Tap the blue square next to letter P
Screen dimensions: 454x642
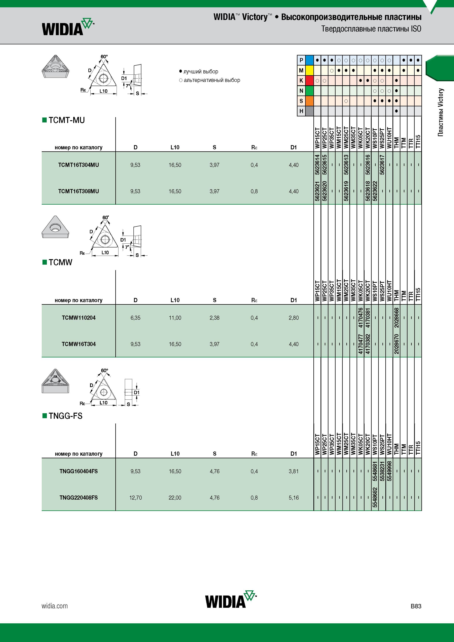(x=309, y=60)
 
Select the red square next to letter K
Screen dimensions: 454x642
(x=309, y=81)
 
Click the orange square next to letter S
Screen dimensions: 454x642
(x=309, y=101)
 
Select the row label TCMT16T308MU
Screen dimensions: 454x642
(x=79, y=191)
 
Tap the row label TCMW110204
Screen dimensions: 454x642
(x=79, y=318)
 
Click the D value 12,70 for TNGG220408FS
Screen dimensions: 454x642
(x=136, y=498)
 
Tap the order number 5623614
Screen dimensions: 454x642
(x=317, y=165)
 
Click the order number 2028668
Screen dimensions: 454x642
(x=396, y=318)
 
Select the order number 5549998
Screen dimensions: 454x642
(x=389, y=471)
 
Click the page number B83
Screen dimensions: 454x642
(x=416, y=606)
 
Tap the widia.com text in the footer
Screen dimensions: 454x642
(x=55, y=606)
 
